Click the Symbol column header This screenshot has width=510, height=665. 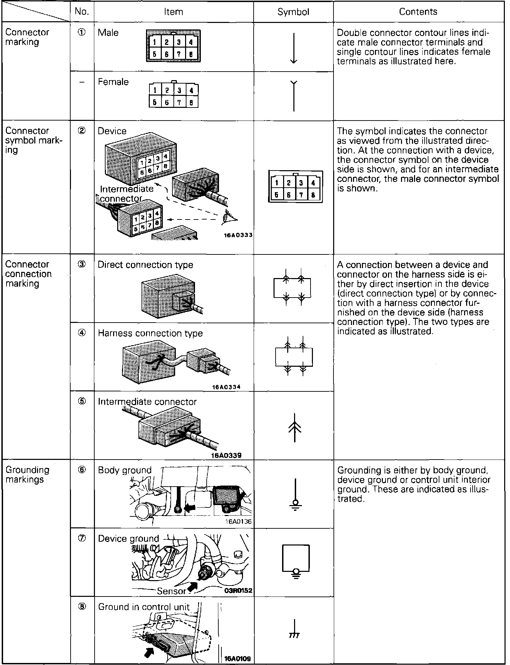tap(293, 12)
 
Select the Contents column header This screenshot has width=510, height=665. tap(418, 12)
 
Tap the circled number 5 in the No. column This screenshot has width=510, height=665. tap(82, 401)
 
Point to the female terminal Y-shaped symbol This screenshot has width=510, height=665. tap(294, 96)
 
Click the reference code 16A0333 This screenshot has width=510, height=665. tap(239, 235)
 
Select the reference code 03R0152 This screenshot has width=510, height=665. tap(239, 591)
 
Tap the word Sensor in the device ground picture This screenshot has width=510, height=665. tap(171, 591)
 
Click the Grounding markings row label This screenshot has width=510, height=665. tap(27, 474)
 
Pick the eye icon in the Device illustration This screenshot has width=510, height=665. tap(228, 216)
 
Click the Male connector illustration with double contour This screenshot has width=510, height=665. tap(173, 46)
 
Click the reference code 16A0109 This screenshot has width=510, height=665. tap(238, 658)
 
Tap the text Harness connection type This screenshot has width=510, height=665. tap(150, 333)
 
